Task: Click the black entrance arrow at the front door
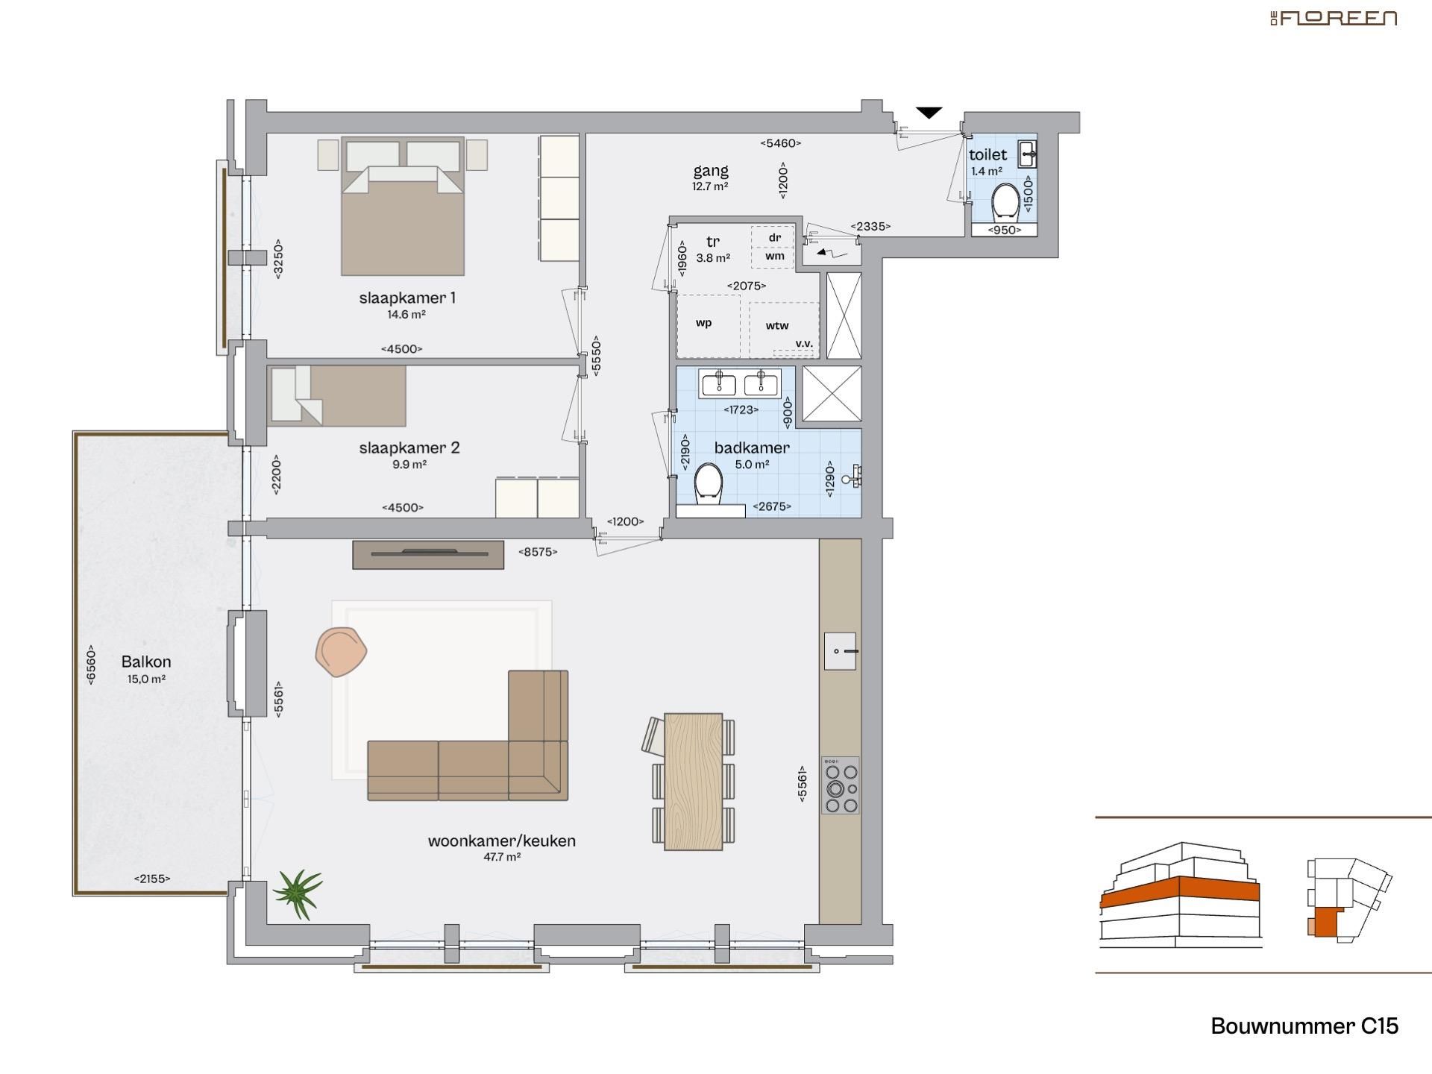929,113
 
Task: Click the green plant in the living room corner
298,892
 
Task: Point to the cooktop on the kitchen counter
841,785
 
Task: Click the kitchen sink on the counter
840,651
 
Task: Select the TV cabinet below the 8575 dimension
428,554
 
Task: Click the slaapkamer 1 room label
407,298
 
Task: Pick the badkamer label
752,447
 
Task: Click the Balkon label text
146,662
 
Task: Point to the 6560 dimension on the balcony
91,665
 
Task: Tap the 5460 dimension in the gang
781,143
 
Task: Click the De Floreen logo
1334,19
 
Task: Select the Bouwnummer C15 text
1304,1026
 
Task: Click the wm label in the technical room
775,256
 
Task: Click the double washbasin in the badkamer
740,384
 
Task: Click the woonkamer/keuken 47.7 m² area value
502,858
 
